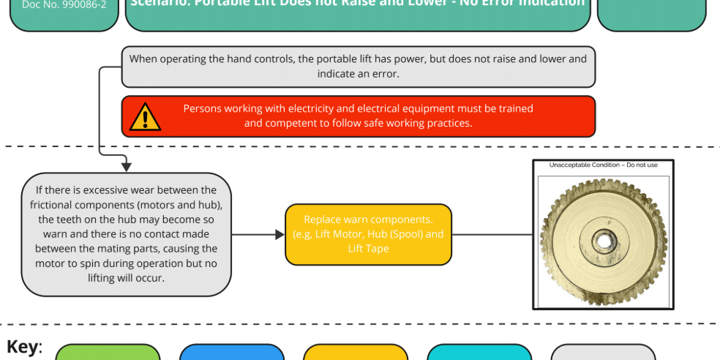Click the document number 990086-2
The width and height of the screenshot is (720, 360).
coord(64,4)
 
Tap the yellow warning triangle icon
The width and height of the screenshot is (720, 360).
coord(146,117)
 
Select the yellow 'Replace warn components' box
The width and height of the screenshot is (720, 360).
coord(368,234)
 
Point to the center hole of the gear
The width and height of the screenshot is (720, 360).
coord(603,240)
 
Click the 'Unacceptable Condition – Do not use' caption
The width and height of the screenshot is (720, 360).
coord(603,165)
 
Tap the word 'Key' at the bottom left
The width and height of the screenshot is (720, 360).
coord(23,347)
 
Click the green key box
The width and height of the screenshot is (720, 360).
coord(108,353)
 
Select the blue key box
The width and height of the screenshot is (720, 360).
coord(231,353)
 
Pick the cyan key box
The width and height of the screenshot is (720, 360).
coord(479,353)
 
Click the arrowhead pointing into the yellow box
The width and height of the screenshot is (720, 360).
coord(280,235)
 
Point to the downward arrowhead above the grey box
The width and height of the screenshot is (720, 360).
coord(126,167)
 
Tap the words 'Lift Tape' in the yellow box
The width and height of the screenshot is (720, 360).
coord(368,249)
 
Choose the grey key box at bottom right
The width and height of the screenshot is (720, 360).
coord(602,353)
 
